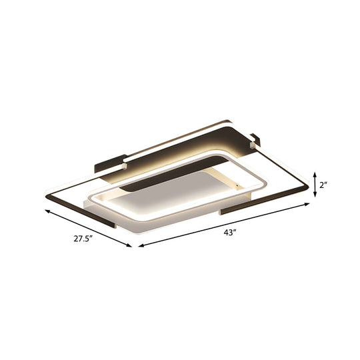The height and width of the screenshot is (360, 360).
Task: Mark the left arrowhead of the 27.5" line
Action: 46,211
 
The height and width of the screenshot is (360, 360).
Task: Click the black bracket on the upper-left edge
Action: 108,161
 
